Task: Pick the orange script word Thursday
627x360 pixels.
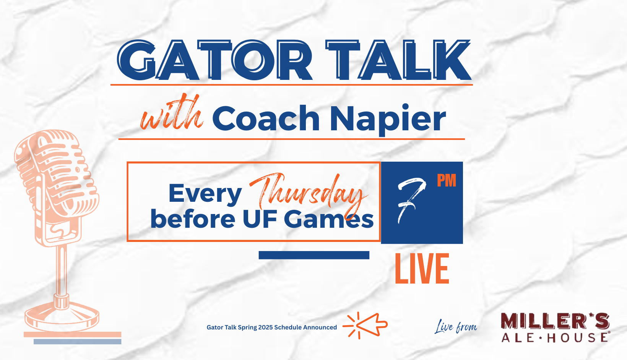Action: point(308,193)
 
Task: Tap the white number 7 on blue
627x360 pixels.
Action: point(411,201)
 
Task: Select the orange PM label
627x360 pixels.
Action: point(447,180)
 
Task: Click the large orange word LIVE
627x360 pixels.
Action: point(422,269)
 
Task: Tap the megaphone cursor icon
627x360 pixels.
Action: point(365,326)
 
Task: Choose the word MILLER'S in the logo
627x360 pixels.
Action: point(555,321)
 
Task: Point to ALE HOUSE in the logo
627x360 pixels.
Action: point(555,337)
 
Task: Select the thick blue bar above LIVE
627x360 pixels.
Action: point(314,255)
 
